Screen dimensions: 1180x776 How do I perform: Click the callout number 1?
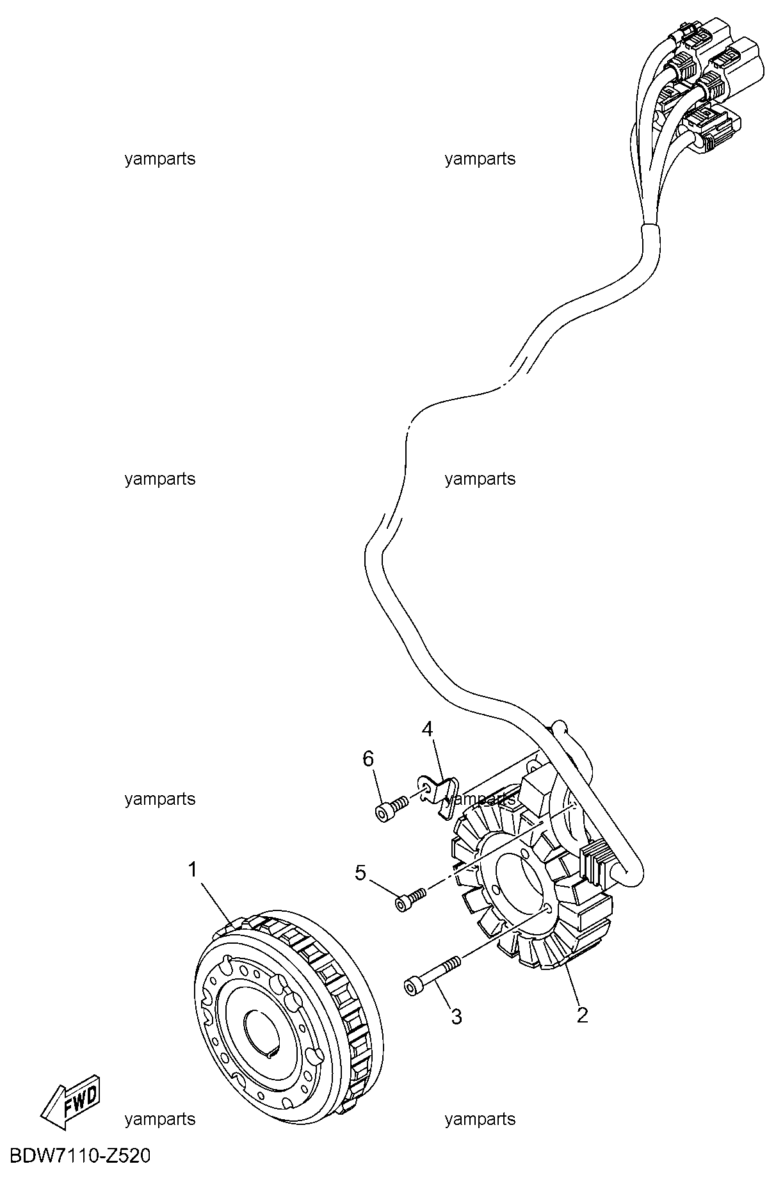[192, 869]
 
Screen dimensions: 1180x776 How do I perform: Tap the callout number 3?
[456, 1016]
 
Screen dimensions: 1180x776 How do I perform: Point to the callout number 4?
[427, 729]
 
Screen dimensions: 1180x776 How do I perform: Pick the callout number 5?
[360, 872]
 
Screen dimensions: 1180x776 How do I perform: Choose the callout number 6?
[368, 759]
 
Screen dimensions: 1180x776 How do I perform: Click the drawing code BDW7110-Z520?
[76, 1156]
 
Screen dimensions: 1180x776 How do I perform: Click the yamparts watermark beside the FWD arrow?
[159, 1119]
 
